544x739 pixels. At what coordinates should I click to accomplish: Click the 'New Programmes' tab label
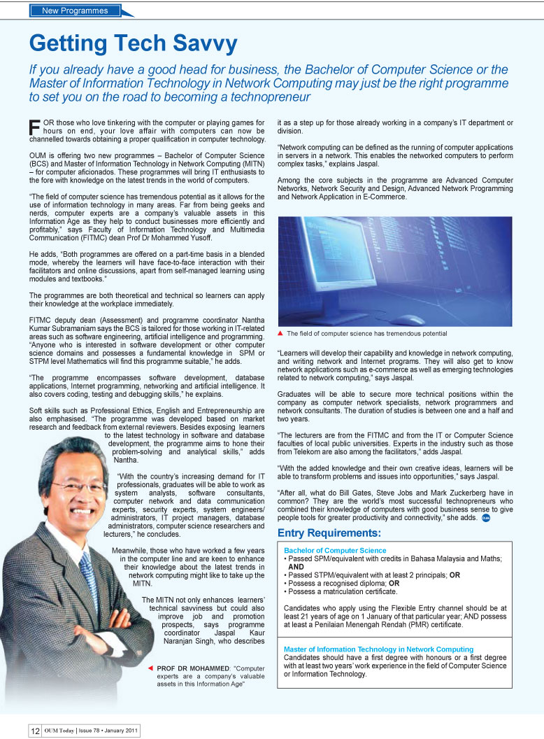(x=75, y=10)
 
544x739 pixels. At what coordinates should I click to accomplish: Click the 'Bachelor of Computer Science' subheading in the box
(x=335, y=551)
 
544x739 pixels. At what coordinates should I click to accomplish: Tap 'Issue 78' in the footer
(x=96, y=731)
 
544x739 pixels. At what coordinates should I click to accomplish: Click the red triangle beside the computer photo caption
(x=280, y=333)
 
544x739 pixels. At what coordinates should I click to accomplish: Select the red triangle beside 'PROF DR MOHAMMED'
(x=150, y=668)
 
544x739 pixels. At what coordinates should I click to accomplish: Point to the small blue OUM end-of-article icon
(x=485, y=518)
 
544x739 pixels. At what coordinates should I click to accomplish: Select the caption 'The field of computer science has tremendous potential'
(x=366, y=334)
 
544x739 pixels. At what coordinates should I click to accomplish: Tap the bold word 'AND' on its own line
(x=295, y=567)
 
